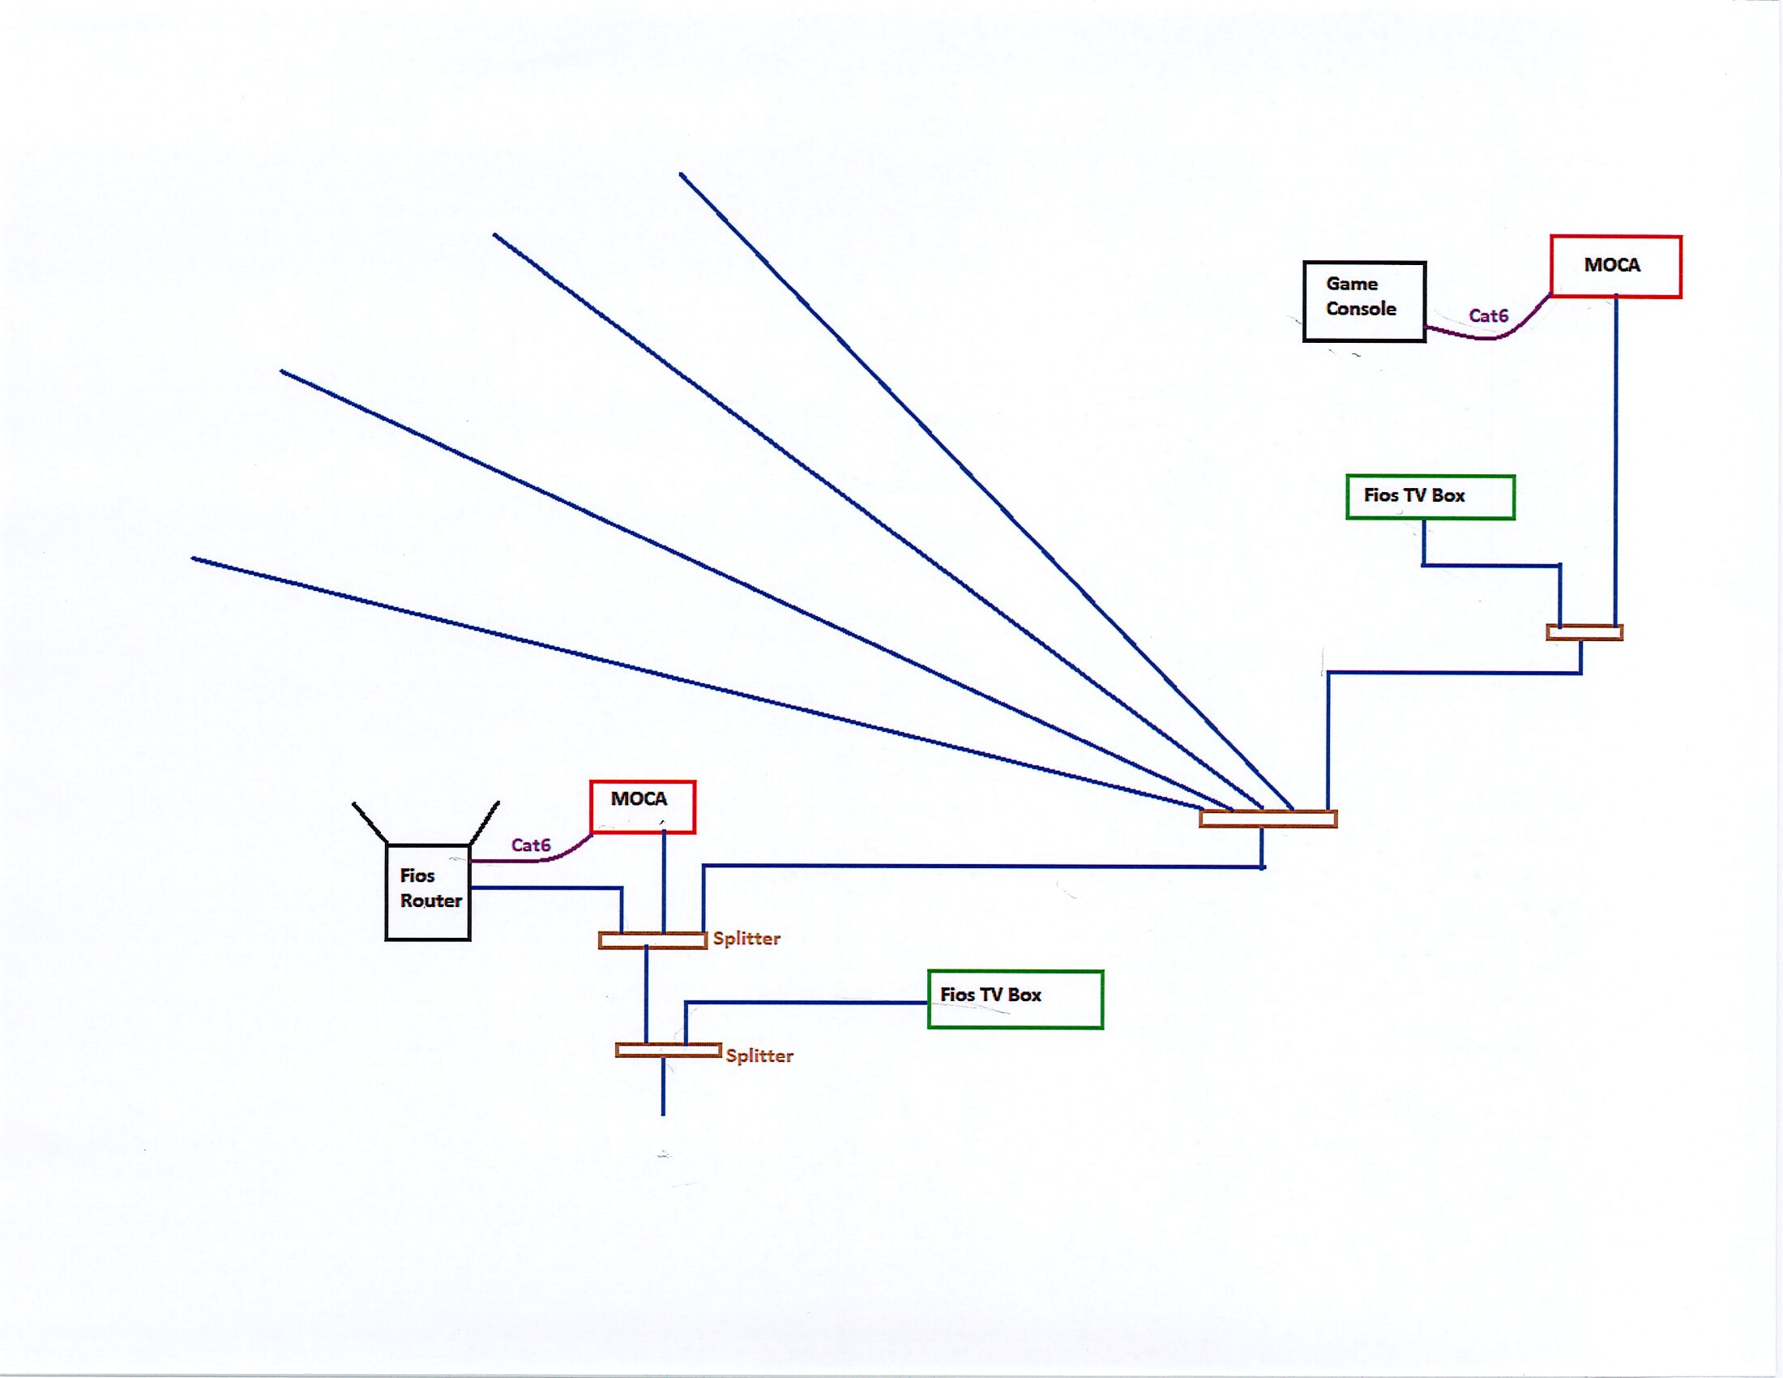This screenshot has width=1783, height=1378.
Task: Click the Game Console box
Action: click(1363, 302)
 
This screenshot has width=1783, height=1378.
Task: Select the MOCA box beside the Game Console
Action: click(1614, 267)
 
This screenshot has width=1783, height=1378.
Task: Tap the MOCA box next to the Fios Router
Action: click(643, 807)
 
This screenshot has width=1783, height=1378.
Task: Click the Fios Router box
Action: click(428, 892)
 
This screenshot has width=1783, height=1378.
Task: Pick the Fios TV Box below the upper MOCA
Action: click(1430, 496)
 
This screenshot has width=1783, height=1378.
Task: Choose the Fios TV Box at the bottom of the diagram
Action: click(1015, 999)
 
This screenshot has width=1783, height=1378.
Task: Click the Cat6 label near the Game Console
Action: click(1488, 316)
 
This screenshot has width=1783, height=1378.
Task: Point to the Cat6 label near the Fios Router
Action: click(531, 845)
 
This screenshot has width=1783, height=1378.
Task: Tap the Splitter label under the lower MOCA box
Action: click(746, 939)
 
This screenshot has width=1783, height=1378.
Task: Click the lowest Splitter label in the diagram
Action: click(759, 1055)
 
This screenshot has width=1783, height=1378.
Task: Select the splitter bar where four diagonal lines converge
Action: click(1268, 819)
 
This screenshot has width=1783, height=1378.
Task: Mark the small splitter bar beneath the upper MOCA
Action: click(1584, 632)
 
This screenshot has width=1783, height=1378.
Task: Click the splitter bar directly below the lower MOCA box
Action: click(652, 940)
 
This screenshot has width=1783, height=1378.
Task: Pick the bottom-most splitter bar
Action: click(668, 1050)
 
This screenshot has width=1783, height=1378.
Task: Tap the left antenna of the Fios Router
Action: click(369, 822)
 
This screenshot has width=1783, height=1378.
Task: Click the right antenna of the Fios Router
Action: click(484, 822)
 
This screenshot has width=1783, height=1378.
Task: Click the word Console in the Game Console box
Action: click(1361, 310)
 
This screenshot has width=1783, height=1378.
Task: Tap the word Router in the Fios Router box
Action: click(431, 901)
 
